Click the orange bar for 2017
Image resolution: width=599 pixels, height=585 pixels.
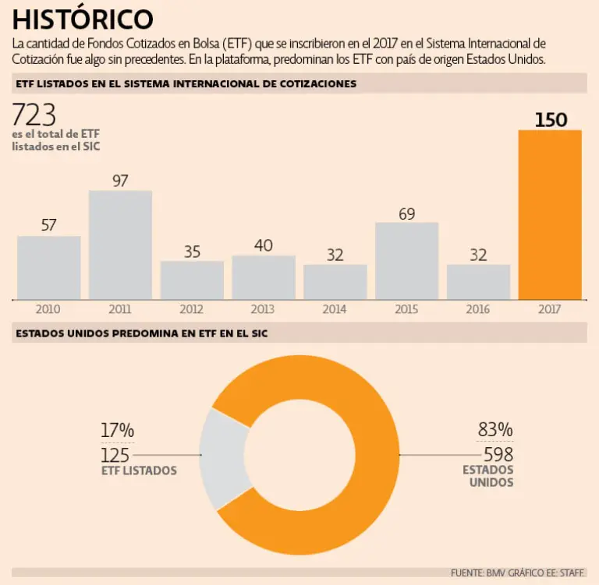pos(550,214)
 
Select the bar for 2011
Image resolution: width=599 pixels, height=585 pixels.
pos(120,245)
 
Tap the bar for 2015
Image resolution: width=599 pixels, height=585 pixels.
pos(406,261)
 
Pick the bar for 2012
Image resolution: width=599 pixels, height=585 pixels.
pos(192,280)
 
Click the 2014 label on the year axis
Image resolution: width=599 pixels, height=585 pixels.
pos(334,309)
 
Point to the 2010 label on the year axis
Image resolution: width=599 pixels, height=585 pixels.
pos(48,309)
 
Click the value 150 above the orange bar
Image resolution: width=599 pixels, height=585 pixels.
pos(551,120)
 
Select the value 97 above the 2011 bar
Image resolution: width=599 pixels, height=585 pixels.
pos(120,181)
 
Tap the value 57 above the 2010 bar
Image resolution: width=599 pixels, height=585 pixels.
pos(48,225)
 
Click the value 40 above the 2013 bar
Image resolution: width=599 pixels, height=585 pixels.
pos(264,245)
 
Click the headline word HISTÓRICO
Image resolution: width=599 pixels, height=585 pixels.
pos(83,19)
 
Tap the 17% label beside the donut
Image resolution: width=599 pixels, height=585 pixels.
pos(118,430)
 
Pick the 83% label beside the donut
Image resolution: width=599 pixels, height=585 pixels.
pos(495,429)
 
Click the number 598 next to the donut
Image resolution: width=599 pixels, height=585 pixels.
pos(498,454)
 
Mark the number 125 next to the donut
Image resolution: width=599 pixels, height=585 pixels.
pos(115,455)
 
